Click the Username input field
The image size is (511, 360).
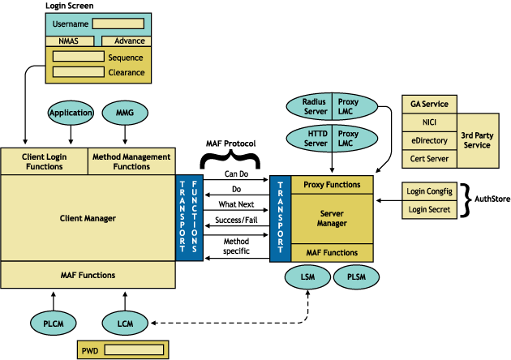tap(118, 24)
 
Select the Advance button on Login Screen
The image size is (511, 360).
tap(130, 41)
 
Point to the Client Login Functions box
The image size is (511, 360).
tap(44, 161)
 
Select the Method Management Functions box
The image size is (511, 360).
tap(131, 161)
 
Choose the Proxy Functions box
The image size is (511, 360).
tap(332, 184)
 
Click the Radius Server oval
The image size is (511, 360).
tap(315, 106)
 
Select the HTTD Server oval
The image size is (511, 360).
tap(315, 139)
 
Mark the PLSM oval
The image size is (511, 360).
tap(355, 278)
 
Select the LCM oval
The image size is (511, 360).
tap(125, 323)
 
